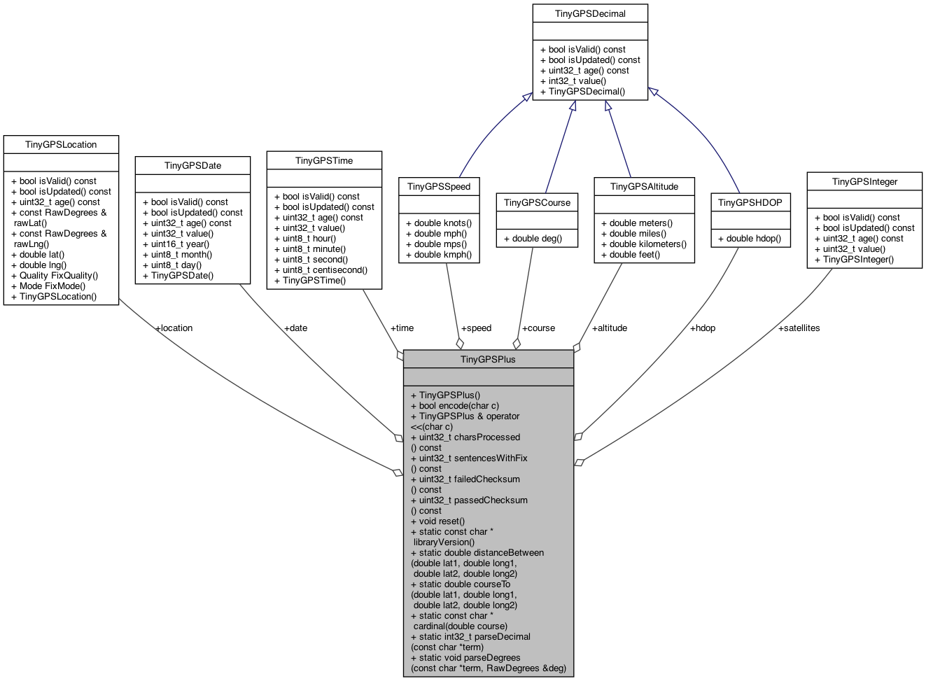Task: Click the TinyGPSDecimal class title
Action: click(x=590, y=13)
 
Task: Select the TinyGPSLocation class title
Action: click(x=61, y=144)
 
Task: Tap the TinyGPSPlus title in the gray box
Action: click(x=488, y=359)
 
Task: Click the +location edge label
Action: click(x=174, y=328)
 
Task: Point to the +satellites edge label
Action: click(x=799, y=328)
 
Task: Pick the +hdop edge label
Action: click(x=703, y=328)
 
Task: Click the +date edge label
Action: click(x=295, y=328)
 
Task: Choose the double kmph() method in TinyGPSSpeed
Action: click(x=439, y=255)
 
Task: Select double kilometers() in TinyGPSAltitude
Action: click(x=644, y=244)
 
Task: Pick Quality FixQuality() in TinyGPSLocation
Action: click(x=55, y=276)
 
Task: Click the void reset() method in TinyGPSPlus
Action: click(x=437, y=521)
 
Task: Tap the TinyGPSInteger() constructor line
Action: click(x=854, y=260)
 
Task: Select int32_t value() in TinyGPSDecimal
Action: click(x=573, y=81)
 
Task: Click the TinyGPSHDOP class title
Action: click(x=750, y=202)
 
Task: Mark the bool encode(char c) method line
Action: click(x=455, y=406)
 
